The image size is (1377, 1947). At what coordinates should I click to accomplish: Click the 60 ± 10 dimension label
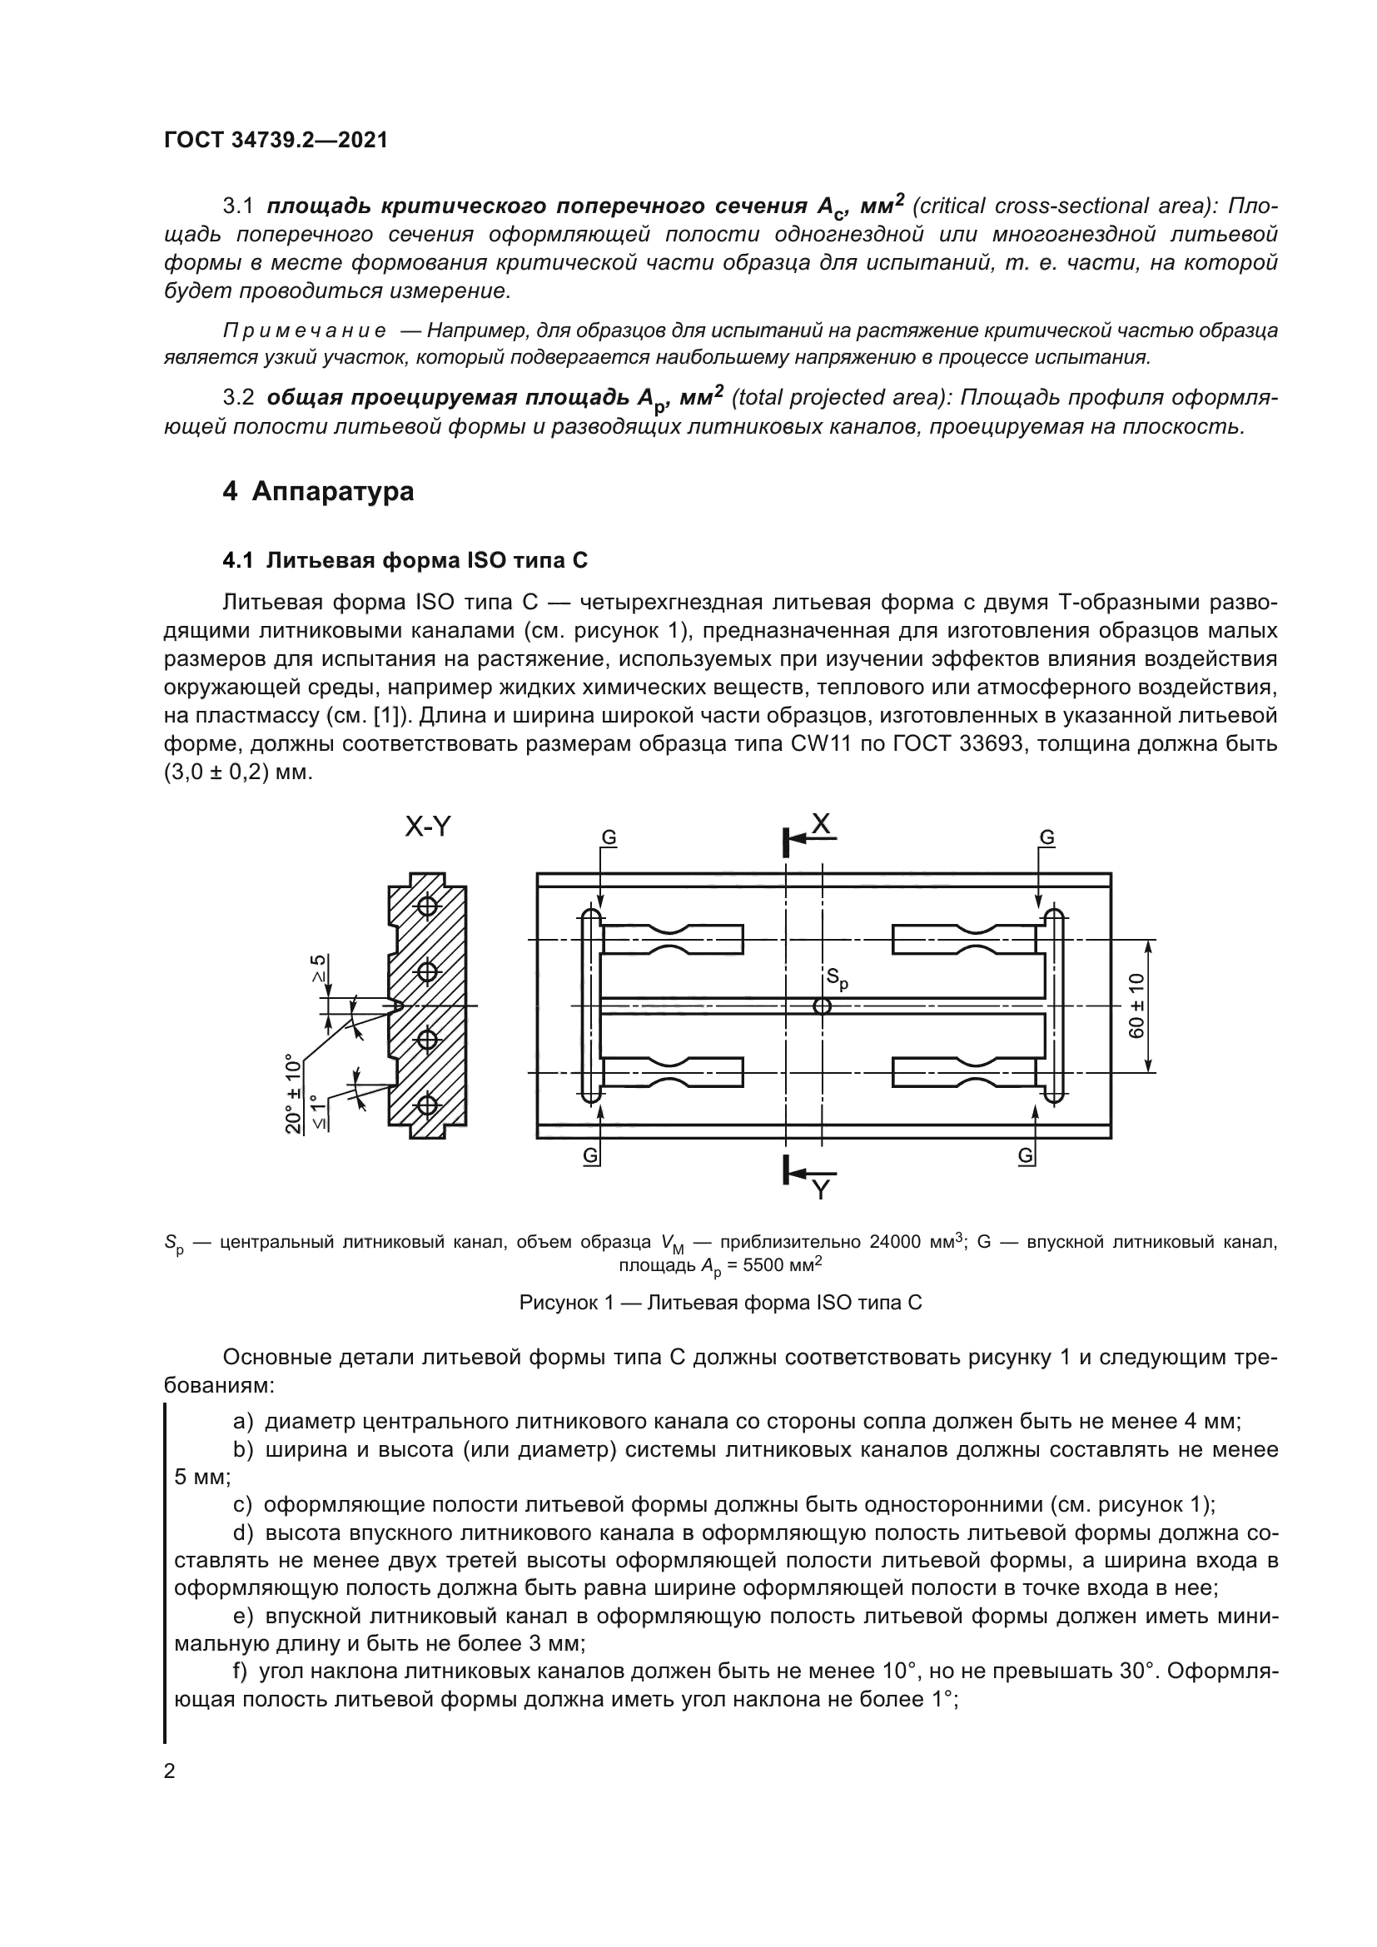click(x=1137, y=1006)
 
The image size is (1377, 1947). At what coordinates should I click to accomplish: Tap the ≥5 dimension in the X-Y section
click(x=318, y=968)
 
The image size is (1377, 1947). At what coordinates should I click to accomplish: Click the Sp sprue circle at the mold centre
click(x=822, y=1006)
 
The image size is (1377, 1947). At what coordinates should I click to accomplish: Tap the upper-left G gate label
click(x=609, y=838)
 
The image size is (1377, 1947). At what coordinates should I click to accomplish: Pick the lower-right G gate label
click(x=1025, y=1156)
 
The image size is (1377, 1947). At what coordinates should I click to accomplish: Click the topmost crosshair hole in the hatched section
click(x=427, y=906)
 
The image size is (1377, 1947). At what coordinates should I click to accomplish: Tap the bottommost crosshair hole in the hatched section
click(x=427, y=1105)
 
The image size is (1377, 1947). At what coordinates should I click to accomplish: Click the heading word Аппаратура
click(x=332, y=492)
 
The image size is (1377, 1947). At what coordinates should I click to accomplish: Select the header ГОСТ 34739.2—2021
click(x=276, y=140)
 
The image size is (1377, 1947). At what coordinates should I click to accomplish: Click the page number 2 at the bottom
click(x=170, y=1771)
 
